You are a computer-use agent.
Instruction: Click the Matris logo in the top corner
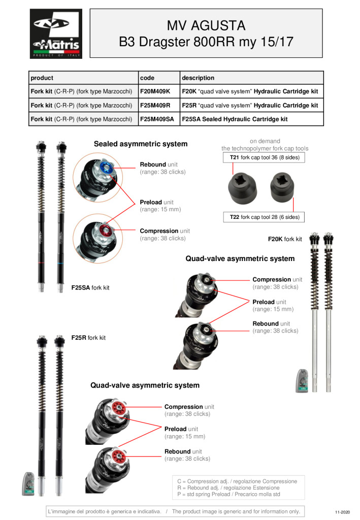[x=56, y=34]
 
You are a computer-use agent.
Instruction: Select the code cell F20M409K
[x=159, y=91]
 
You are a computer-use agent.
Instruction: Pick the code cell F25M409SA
[x=159, y=119]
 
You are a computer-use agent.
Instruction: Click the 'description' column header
[x=198, y=78]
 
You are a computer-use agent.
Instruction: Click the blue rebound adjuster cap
[x=106, y=168]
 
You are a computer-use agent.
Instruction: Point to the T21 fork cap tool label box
[x=264, y=157]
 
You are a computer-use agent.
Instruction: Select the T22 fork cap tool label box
[x=264, y=217]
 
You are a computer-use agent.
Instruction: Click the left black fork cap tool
[x=242, y=188]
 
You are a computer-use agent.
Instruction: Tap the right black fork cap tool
[x=282, y=187]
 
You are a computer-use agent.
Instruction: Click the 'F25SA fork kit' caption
[x=90, y=287]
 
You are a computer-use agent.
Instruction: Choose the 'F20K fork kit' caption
[x=285, y=239]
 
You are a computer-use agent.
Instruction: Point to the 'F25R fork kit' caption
[x=88, y=338]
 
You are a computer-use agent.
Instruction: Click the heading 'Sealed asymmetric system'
[x=141, y=144]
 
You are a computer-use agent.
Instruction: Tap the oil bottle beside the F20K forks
[x=302, y=381]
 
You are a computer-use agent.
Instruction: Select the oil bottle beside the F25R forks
[x=28, y=484]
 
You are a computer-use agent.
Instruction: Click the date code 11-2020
[x=342, y=512]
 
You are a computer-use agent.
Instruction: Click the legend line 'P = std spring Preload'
[x=228, y=494]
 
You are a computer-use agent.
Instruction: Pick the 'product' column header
[x=42, y=78]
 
